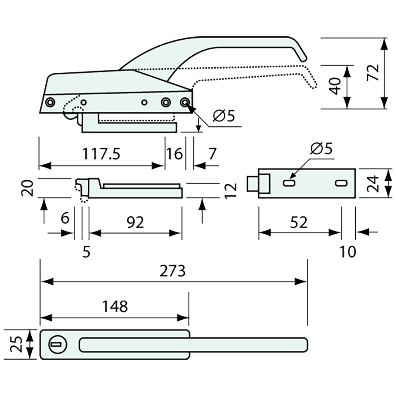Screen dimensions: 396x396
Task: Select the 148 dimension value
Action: [115, 307]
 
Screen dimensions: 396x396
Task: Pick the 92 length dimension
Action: [135, 222]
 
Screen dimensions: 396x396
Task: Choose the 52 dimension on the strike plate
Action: [298, 222]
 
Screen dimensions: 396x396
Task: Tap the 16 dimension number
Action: [174, 154]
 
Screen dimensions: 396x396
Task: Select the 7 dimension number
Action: [212, 154]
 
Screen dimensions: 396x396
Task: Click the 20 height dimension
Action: [29, 188]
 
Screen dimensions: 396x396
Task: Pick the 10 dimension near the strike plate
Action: [347, 252]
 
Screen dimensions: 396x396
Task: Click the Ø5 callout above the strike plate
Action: [321, 149]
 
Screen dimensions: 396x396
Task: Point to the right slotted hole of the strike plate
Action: [340, 183]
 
